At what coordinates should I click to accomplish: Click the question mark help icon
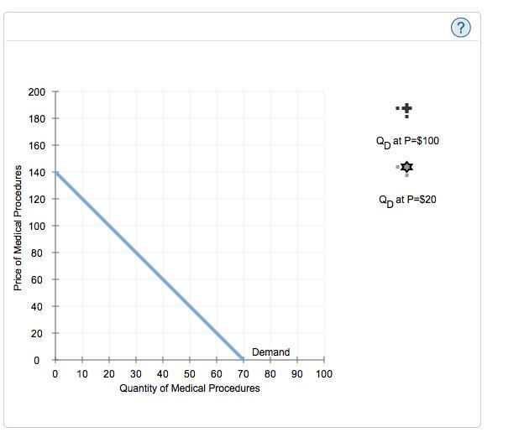(x=461, y=28)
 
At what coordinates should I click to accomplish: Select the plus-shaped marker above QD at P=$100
(x=406, y=109)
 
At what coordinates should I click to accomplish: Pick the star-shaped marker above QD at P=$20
(x=406, y=169)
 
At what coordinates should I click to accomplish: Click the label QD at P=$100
(x=407, y=141)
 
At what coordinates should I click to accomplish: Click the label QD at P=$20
(x=407, y=200)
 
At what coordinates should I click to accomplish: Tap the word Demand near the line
(x=270, y=352)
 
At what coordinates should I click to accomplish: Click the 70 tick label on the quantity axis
(x=244, y=374)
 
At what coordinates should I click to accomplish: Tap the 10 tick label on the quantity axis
(x=82, y=374)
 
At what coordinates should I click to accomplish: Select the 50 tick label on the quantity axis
(x=190, y=374)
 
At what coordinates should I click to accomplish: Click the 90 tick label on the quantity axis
(x=297, y=374)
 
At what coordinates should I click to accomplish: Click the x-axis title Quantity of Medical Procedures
(x=190, y=388)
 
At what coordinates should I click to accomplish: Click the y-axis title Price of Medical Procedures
(x=18, y=227)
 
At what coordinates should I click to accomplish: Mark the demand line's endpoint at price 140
(x=55, y=172)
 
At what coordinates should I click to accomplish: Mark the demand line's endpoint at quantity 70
(x=244, y=360)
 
